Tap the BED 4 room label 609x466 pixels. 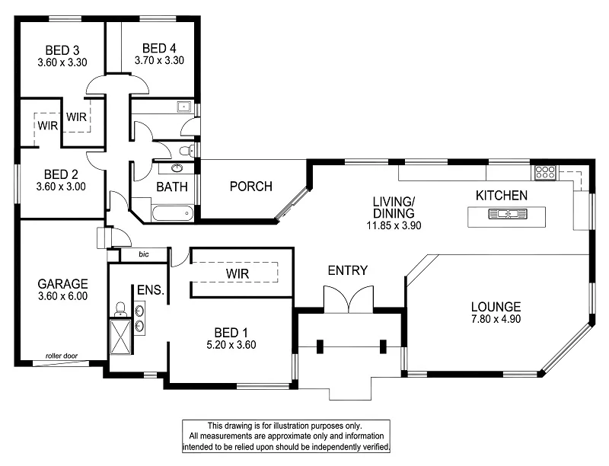[x=159, y=47]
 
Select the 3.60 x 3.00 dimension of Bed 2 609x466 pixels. [x=61, y=186]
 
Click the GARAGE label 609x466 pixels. [x=63, y=283]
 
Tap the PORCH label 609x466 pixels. [x=250, y=187]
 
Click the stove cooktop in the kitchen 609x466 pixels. [x=545, y=173]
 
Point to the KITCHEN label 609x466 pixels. [x=501, y=196]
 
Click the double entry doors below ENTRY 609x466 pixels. [x=348, y=298]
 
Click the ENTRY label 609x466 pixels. [x=348, y=270]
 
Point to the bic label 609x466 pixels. [x=145, y=254]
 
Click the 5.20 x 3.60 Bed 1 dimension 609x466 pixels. [x=230, y=344]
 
